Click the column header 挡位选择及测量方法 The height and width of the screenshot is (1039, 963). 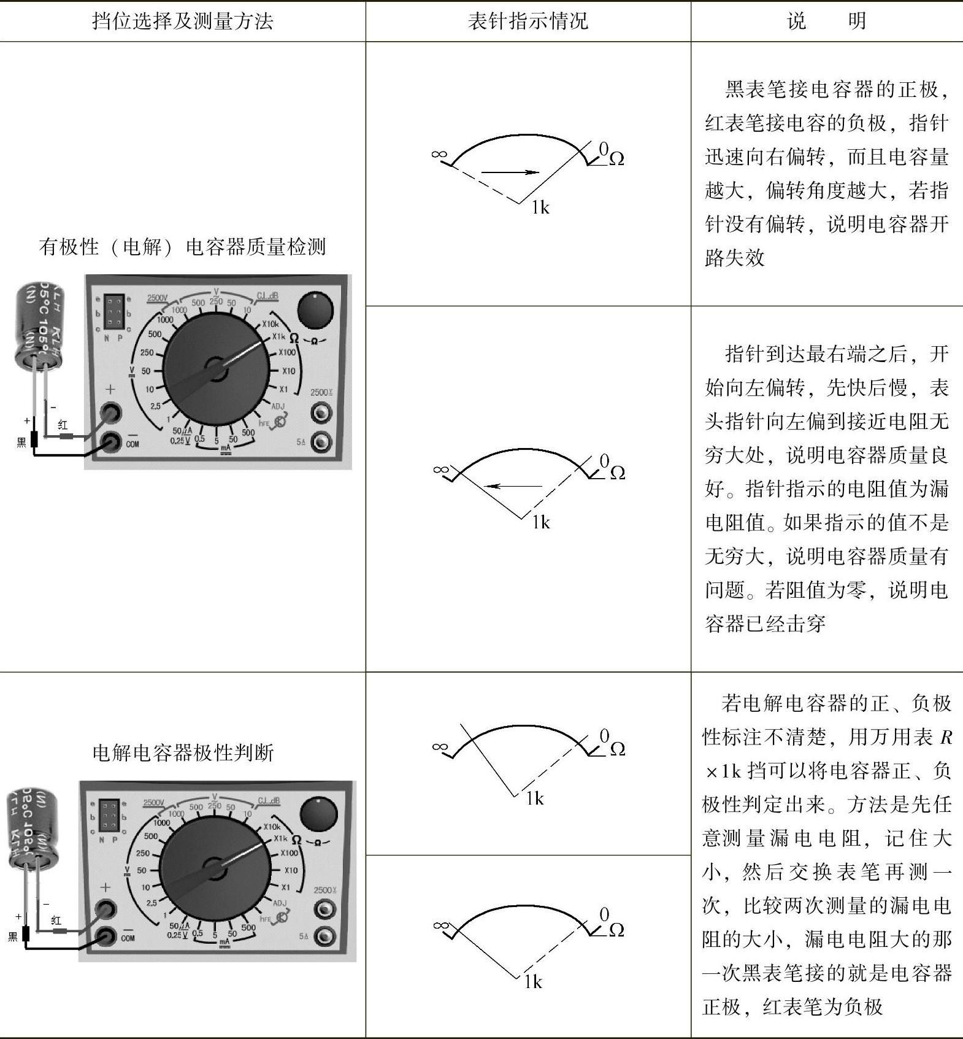coord(182,21)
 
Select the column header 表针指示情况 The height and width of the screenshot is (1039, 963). coord(528,21)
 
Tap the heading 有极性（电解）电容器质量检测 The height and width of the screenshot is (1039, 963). coord(182,247)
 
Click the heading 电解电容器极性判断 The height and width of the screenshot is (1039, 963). coord(182,752)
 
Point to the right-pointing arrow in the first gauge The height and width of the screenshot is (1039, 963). coord(509,172)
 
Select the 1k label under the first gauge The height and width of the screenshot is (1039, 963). coord(540,208)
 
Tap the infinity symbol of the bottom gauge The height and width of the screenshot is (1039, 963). coord(440,924)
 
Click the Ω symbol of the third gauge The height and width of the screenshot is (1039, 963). coord(617,749)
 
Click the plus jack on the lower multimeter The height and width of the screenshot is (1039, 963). coord(106,909)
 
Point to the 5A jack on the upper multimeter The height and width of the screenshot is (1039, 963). coord(321,441)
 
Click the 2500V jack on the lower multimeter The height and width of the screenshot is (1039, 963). coord(324,909)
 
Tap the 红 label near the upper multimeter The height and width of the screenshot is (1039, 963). coord(63,424)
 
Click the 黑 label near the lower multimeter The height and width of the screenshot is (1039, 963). coord(12,937)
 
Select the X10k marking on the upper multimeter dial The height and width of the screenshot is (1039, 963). coord(270,324)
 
